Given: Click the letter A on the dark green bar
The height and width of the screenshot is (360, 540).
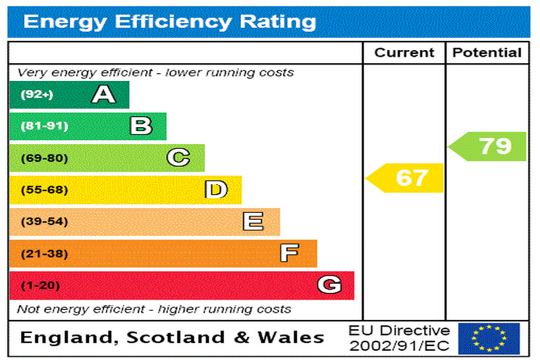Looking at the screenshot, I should coord(103,95).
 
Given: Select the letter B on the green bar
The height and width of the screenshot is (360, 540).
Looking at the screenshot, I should coord(141,126).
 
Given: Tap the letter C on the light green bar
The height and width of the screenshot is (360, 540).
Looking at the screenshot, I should coord(178,158).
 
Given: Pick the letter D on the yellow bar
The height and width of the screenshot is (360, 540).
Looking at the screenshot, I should coord(216,190).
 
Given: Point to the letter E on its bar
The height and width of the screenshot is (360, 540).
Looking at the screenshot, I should coord(253,222).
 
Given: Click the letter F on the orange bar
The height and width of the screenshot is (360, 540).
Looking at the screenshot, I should coord(289,253).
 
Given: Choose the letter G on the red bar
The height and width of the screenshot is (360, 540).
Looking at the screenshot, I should coord(329,285).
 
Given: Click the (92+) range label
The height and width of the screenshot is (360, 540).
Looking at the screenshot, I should coord(37,95).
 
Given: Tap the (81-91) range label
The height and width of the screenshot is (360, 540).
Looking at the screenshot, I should coord(44,126).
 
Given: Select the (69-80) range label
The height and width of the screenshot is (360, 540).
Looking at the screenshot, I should coord(44,158).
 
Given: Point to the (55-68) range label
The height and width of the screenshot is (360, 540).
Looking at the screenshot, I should coord(44,190).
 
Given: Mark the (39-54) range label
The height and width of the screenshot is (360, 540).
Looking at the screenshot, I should coord(44,222).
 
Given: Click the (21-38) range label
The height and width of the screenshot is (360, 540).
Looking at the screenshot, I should coord(44,253).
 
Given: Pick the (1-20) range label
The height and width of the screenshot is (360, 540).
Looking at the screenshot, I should coord(40,286).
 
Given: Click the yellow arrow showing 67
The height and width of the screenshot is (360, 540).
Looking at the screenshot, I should coord(406,178).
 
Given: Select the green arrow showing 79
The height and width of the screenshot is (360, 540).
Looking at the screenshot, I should coord(489,146).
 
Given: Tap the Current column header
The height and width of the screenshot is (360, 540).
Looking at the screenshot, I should coord(404,53).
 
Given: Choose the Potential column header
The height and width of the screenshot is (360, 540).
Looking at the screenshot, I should coord(487,53).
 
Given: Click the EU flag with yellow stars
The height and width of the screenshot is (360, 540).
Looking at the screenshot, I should coord(489,338).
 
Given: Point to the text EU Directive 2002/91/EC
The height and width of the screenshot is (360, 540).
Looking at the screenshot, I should coord(399,338).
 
